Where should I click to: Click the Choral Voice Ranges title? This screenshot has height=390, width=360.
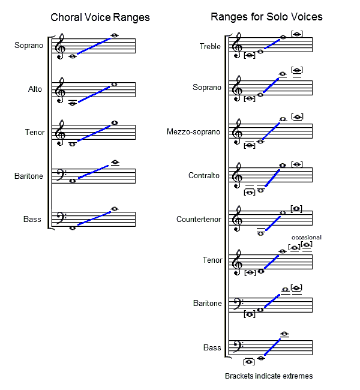click(100, 17)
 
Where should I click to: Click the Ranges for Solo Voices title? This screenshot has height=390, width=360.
click(266, 17)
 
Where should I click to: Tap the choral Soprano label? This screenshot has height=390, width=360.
click(29, 45)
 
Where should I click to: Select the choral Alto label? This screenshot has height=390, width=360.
click(35, 89)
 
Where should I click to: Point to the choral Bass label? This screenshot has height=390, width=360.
click(32, 219)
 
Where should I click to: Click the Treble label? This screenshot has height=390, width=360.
click(210, 46)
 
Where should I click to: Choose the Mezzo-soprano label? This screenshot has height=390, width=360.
click(193, 131)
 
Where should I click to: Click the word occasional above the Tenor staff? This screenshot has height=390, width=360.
click(306, 238)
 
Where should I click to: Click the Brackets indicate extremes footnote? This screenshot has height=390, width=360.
click(269, 376)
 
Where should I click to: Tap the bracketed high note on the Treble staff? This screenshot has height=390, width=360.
click(296, 34)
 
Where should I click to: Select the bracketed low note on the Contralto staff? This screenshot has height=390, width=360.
click(250, 193)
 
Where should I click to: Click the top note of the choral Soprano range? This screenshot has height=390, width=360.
click(114, 35)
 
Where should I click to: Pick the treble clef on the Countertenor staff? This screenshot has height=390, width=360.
click(238, 219)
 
